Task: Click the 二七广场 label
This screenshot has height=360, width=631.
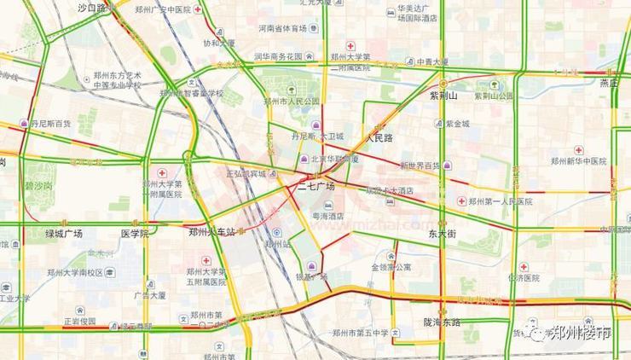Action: (316, 185)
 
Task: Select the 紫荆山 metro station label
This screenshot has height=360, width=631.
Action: (444, 96)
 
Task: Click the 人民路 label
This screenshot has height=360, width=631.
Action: (379, 136)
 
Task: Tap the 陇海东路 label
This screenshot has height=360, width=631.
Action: (442, 322)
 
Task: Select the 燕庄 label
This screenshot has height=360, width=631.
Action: (608, 83)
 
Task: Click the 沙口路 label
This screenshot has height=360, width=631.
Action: (91, 8)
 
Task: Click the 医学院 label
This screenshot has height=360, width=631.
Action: (135, 233)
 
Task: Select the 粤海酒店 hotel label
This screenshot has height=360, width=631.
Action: (328, 216)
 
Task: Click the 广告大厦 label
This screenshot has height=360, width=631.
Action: (148, 295)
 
